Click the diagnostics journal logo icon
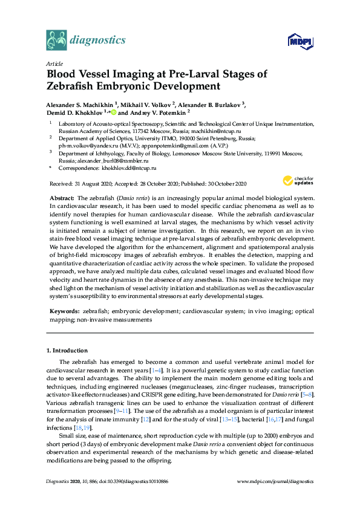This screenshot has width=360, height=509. [x=56, y=41]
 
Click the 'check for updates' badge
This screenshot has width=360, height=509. [x=297, y=180]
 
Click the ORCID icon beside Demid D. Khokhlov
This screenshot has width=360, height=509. [x=113, y=112]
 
